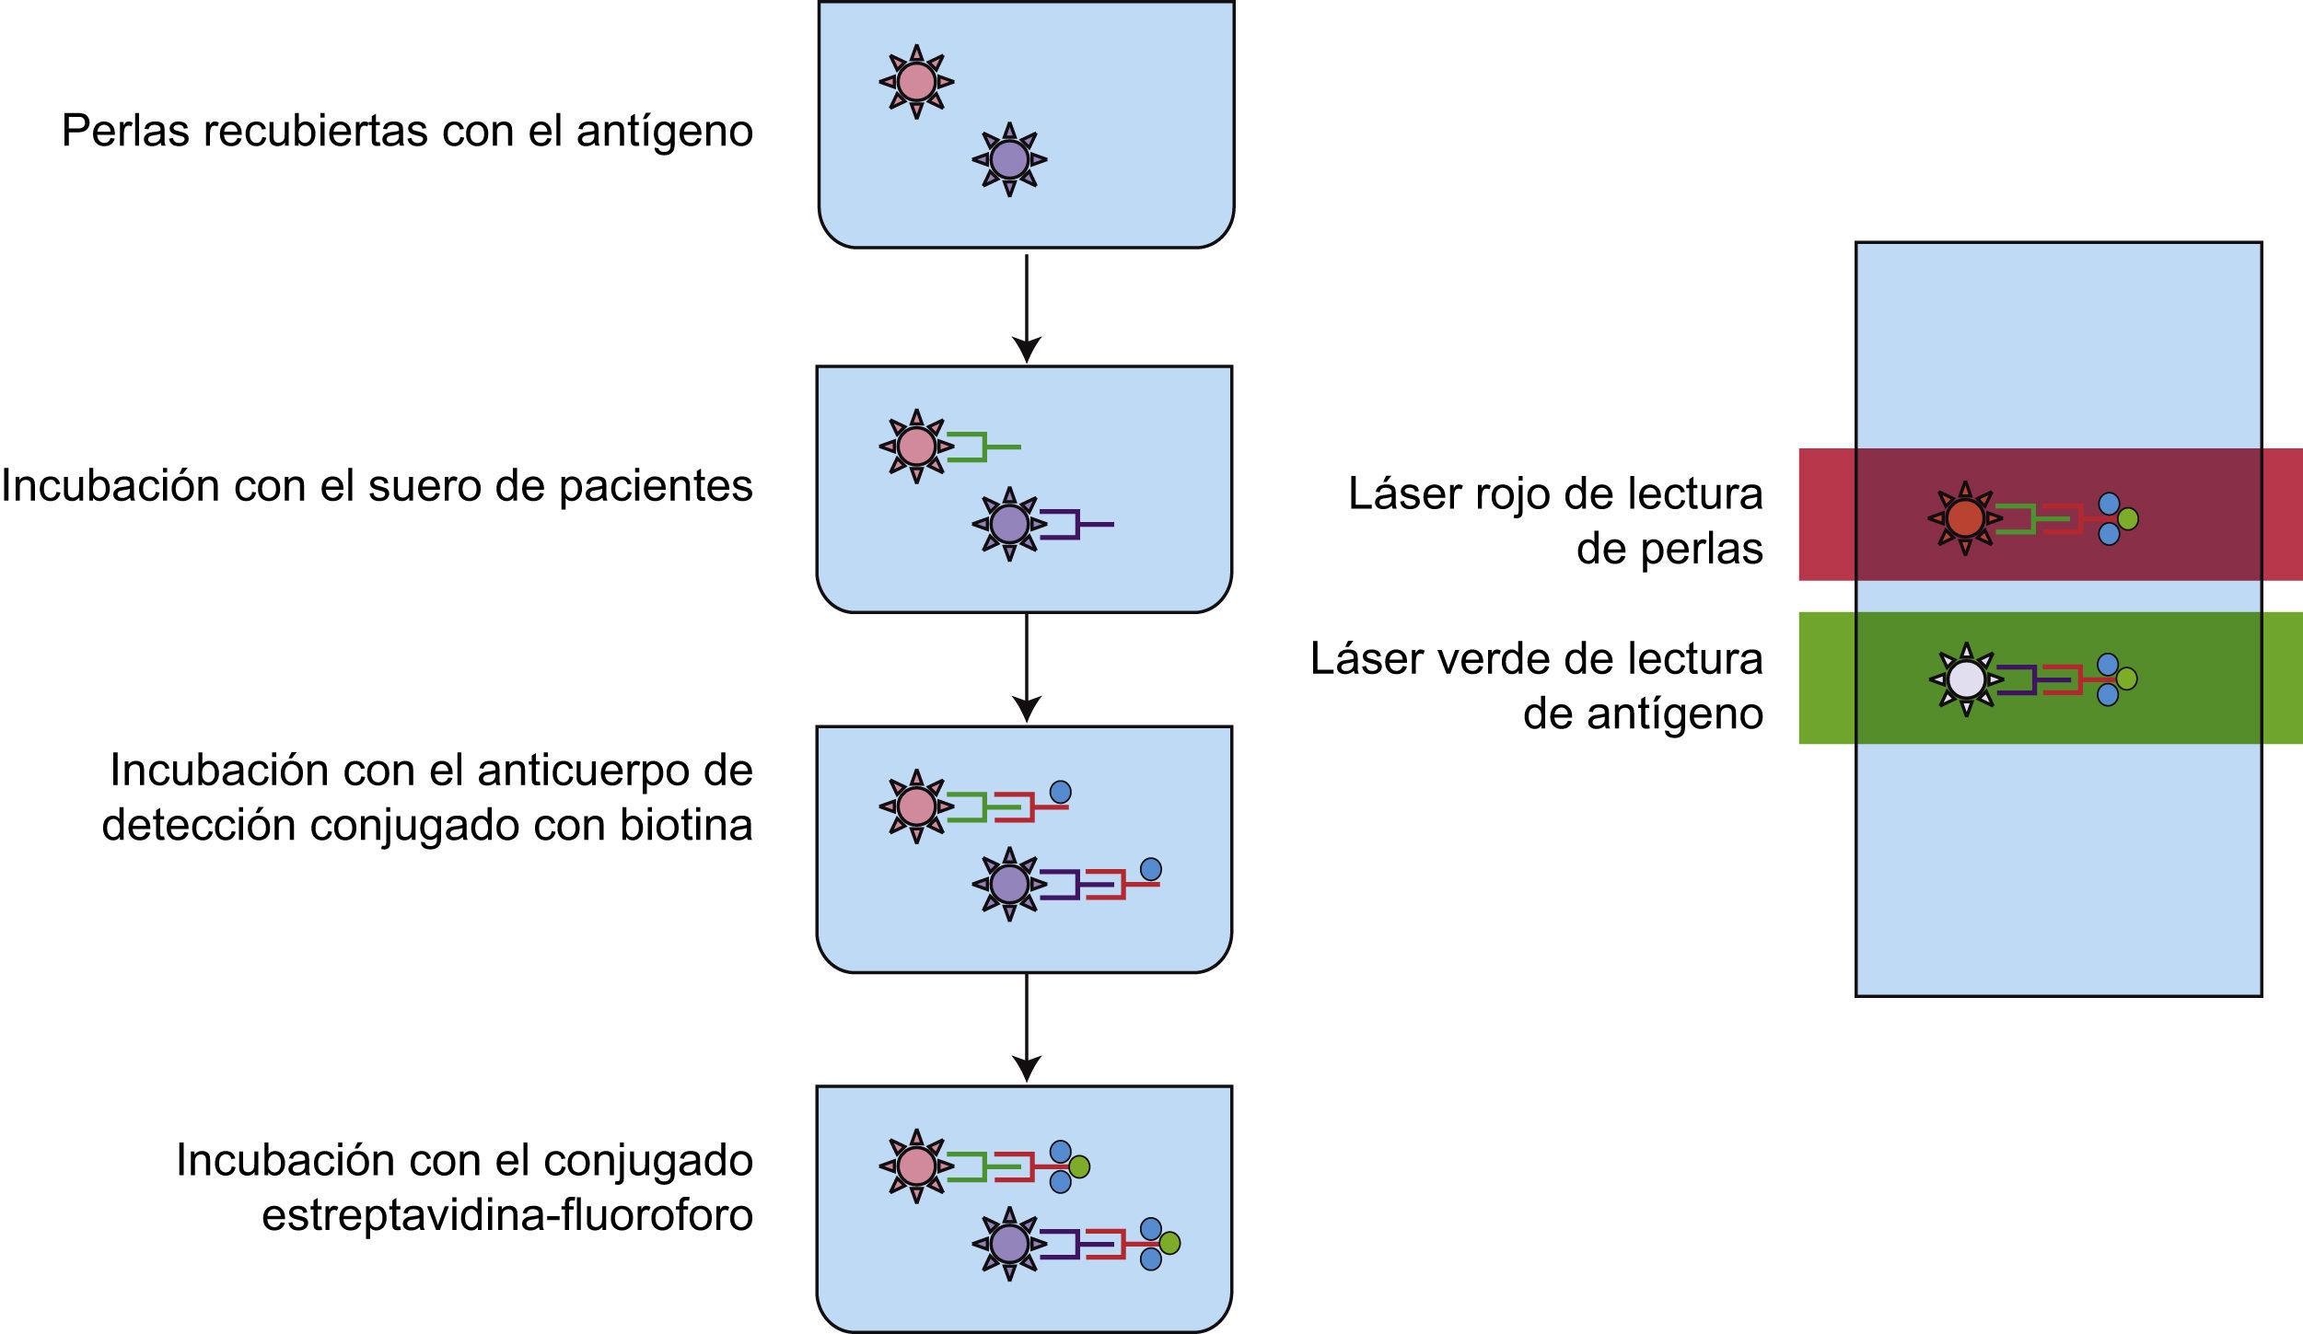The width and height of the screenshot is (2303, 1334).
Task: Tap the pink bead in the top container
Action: tap(916, 82)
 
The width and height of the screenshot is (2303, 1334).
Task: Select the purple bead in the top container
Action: tap(1009, 159)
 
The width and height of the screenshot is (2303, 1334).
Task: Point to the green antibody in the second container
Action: tap(980, 447)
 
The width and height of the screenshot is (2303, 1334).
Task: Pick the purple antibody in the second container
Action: tap(1073, 525)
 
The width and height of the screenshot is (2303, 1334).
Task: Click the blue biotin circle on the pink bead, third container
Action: tap(1060, 792)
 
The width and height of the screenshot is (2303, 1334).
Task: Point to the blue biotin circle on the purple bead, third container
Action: tap(1150, 869)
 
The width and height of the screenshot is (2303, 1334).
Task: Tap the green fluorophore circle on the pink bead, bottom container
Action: tap(1079, 1166)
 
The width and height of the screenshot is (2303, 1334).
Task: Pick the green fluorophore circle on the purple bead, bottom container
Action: tap(1169, 1243)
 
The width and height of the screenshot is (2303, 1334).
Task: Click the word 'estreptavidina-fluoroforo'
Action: tap(507, 1215)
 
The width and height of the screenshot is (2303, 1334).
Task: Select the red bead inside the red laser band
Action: tap(1964, 518)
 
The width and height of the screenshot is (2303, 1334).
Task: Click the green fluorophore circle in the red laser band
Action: tap(2127, 518)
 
